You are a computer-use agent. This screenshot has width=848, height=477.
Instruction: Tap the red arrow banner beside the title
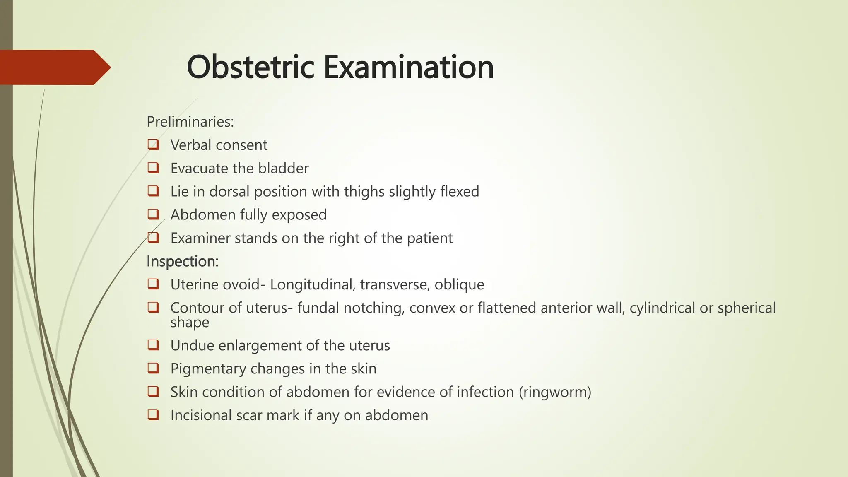pyautogui.click(x=54, y=67)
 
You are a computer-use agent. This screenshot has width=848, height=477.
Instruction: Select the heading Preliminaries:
pyautogui.click(x=190, y=122)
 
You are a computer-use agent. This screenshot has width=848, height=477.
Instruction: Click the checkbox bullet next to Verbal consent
pyautogui.click(x=153, y=145)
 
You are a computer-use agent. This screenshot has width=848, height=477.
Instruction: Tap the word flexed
pyautogui.click(x=460, y=192)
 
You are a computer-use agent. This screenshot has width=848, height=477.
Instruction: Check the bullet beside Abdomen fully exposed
pyautogui.click(x=153, y=214)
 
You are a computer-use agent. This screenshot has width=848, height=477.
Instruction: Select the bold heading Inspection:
pyautogui.click(x=183, y=261)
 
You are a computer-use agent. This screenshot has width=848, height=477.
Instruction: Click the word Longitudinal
pyautogui.click(x=313, y=285)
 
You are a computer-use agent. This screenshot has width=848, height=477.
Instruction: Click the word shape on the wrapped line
pyautogui.click(x=190, y=322)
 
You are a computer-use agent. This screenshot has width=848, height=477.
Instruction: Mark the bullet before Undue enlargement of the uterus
pyautogui.click(x=153, y=345)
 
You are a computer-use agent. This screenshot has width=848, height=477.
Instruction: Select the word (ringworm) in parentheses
pyautogui.click(x=555, y=392)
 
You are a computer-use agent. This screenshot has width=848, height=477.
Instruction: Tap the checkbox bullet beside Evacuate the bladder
pyautogui.click(x=153, y=168)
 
